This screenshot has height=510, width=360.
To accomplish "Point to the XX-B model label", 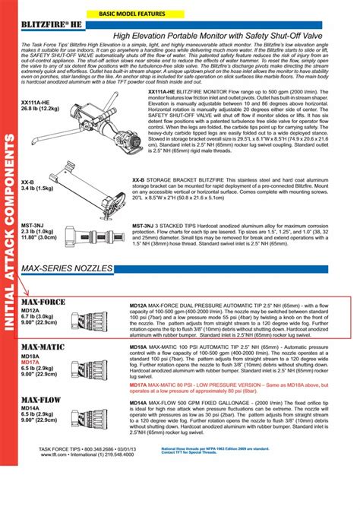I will pos(27,182).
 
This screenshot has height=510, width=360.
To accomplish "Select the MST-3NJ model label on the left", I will pos(31,225).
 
